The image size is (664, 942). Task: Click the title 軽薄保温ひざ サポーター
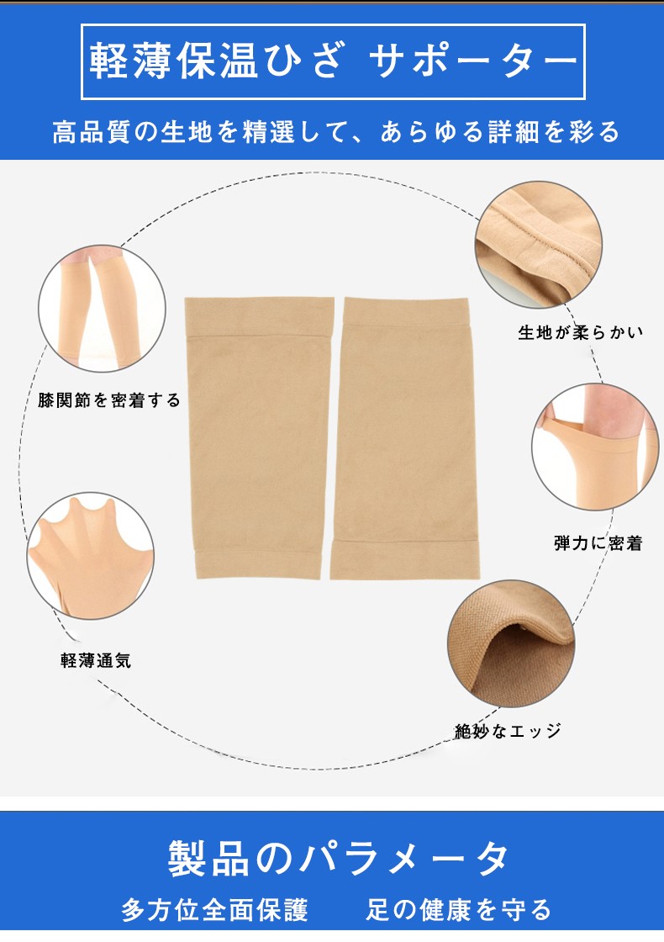tap(333, 62)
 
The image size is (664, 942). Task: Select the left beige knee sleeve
tap(260, 437)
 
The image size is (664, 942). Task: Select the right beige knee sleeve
tap(406, 438)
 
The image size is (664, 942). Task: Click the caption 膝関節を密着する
tap(108, 400)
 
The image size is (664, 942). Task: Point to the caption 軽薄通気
tap(96, 661)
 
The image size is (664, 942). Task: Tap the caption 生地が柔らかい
tap(581, 332)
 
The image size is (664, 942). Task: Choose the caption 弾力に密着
tap(598, 543)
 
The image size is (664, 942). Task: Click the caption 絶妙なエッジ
tap(508, 731)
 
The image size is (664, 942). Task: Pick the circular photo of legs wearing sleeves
tap(102, 309)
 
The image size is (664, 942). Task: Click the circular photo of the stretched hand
tap(91, 556)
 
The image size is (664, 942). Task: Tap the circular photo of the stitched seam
tap(539, 245)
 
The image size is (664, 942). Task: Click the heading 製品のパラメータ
tap(338, 858)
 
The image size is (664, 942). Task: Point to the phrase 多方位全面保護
tap(215, 910)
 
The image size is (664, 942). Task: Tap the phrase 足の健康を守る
tap(459, 910)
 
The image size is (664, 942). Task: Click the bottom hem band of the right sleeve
tap(405, 560)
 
